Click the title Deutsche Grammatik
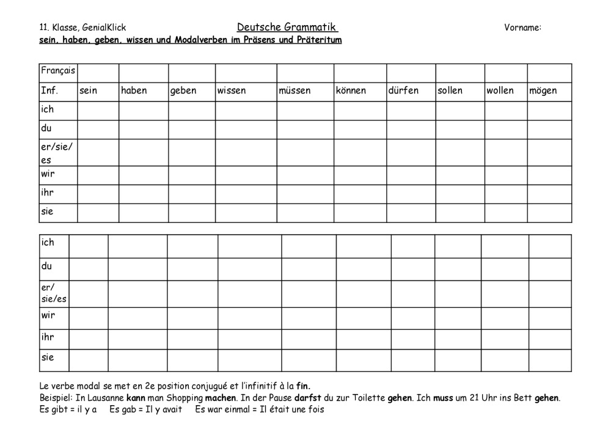287,27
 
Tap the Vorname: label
523,27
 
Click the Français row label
58,71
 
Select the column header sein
89,91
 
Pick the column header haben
134,91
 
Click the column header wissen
232,91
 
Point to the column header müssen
295,91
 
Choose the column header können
351,91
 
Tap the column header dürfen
403,91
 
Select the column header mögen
543,91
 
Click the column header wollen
500,91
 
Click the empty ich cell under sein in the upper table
98,111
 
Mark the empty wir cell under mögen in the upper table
549,175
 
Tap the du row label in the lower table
46,266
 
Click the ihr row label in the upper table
48,194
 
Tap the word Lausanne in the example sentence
98,398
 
